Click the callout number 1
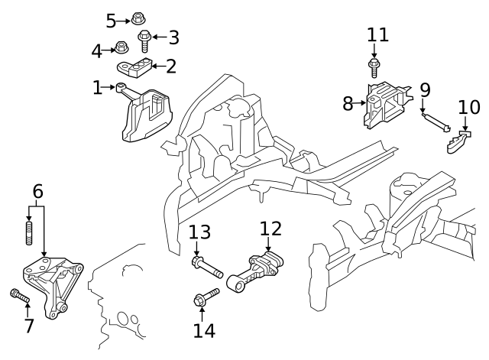pos(97,89)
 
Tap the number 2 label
pos(170,66)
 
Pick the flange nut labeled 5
pos(138,18)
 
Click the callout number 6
pos(37,192)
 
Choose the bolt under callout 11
pos(374,67)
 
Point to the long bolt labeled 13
pos(206,267)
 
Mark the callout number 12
pos(270,229)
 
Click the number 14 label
pos(204,331)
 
